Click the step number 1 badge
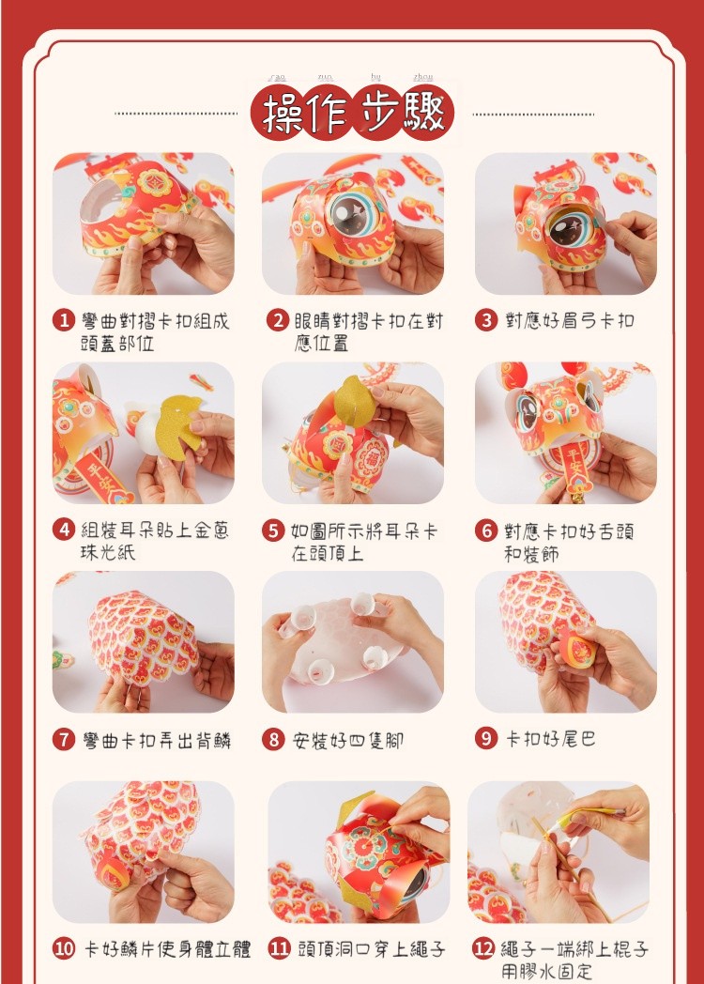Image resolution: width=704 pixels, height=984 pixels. pyautogui.click(x=64, y=321)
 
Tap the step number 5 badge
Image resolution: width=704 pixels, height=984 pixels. pyautogui.click(x=273, y=530)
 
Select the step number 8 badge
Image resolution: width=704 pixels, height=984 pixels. pyautogui.click(x=273, y=740)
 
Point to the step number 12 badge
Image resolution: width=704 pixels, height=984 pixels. pyautogui.click(x=483, y=948)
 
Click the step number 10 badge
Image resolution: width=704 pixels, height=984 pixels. pyautogui.click(x=64, y=948)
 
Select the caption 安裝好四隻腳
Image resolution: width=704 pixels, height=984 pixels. pyautogui.click(x=347, y=741)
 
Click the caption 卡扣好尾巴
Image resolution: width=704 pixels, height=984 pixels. pyautogui.click(x=551, y=739)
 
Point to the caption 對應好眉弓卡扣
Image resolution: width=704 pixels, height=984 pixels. pyautogui.click(x=570, y=321)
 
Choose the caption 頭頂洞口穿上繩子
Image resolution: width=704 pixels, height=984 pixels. pyautogui.click(x=372, y=949)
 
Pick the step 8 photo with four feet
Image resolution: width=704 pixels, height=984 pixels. pyautogui.click(x=353, y=642)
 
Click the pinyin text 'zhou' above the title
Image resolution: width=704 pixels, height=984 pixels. pyautogui.click(x=423, y=77)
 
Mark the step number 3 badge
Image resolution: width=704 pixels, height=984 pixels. pyautogui.click(x=485, y=321)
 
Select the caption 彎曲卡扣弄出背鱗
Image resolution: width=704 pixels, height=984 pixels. pyautogui.click(x=157, y=741)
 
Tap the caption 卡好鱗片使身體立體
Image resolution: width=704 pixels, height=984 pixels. pyautogui.click(x=167, y=949)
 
